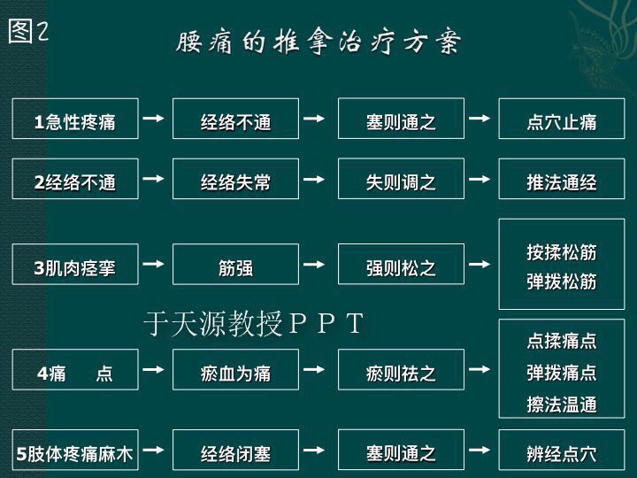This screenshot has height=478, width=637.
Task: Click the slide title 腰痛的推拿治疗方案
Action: (x=318, y=42)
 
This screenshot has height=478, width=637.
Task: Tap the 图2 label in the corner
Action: (x=28, y=31)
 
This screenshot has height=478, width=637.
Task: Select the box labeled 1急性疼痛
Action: (x=75, y=119)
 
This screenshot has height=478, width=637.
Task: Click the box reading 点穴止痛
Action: (x=562, y=119)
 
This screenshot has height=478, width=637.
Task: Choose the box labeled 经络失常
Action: (x=235, y=179)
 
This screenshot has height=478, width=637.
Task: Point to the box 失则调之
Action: (x=401, y=179)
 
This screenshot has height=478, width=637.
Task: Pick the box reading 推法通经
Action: (x=562, y=179)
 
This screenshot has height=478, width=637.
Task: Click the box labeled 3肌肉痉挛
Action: (x=75, y=264)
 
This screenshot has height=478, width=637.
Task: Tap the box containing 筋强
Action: (x=235, y=264)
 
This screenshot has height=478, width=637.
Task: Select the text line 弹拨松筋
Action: (x=562, y=281)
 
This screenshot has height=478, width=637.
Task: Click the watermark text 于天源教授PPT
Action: (x=254, y=324)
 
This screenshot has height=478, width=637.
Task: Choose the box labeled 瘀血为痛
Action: (x=235, y=369)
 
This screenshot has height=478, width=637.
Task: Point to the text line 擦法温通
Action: (x=562, y=405)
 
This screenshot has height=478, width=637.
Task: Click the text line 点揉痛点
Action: (x=562, y=341)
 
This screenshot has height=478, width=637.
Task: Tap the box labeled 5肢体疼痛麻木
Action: (x=75, y=450)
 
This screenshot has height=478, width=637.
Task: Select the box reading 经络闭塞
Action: (x=235, y=450)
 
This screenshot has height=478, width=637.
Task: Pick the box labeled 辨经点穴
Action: (x=562, y=450)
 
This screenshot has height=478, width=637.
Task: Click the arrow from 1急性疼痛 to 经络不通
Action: (x=154, y=119)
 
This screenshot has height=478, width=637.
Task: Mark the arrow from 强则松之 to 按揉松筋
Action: (x=480, y=264)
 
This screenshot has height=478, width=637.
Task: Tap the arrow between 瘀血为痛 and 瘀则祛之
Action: (x=314, y=369)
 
